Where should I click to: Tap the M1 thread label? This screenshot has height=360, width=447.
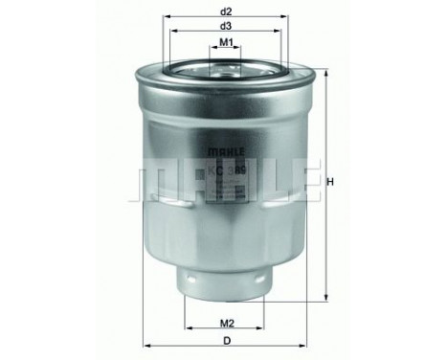(x=226, y=43)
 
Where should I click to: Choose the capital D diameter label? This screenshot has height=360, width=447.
(x=226, y=338)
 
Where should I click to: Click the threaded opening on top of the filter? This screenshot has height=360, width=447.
(x=226, y=66)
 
